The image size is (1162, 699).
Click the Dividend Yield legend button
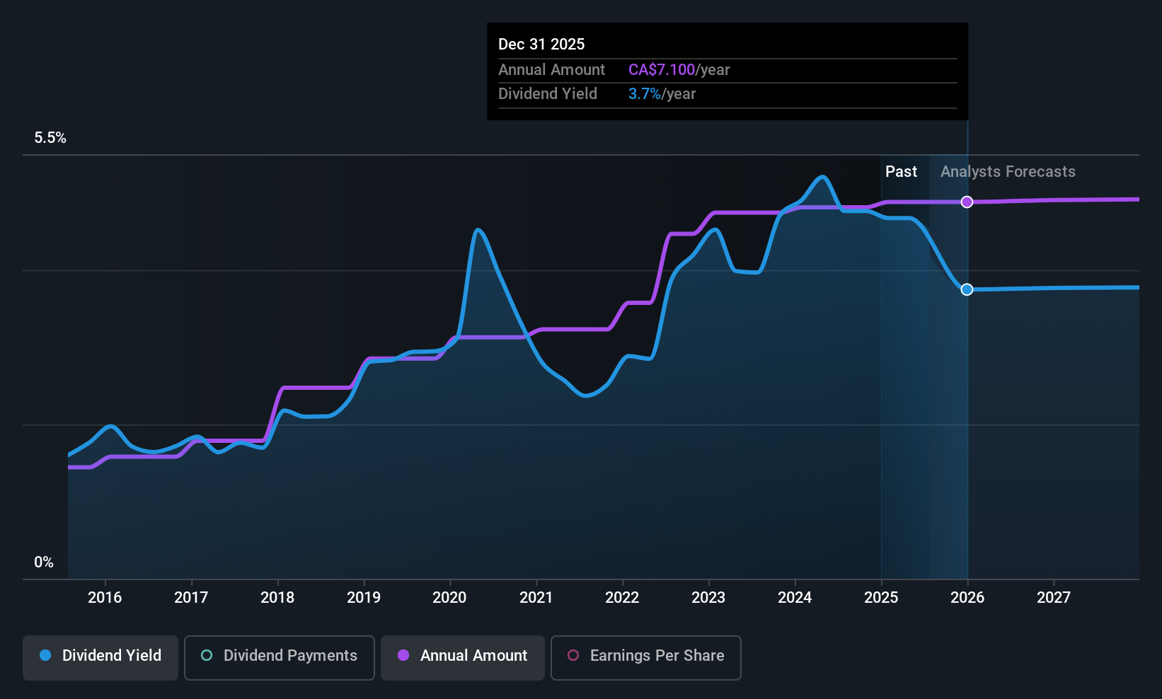[100, 656]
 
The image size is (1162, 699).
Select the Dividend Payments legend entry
[279, 656]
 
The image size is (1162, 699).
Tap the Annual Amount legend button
[463, 656]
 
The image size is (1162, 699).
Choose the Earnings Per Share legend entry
[645, 656]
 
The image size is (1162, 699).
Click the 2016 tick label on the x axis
[105, 598]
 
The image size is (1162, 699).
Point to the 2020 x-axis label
[449, 598]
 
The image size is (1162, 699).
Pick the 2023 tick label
[708, 598]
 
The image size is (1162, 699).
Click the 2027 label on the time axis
[1054, 598]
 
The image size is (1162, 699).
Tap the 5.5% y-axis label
[50, 138]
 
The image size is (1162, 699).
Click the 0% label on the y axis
[44, 562]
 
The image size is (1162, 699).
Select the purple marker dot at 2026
[967, 202]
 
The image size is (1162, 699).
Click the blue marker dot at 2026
[967, 289]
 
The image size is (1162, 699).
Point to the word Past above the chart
[901, 172]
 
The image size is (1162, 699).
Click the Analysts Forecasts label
[1008, 172]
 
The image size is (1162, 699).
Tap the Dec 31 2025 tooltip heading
[541, 45]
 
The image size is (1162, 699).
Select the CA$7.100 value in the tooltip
[662, 70]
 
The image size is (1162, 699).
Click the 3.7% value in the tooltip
[644, 94]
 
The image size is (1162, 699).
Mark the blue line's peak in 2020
[478, 229]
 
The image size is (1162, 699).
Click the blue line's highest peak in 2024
[822, 177]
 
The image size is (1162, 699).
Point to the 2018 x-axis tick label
[277, 598]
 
